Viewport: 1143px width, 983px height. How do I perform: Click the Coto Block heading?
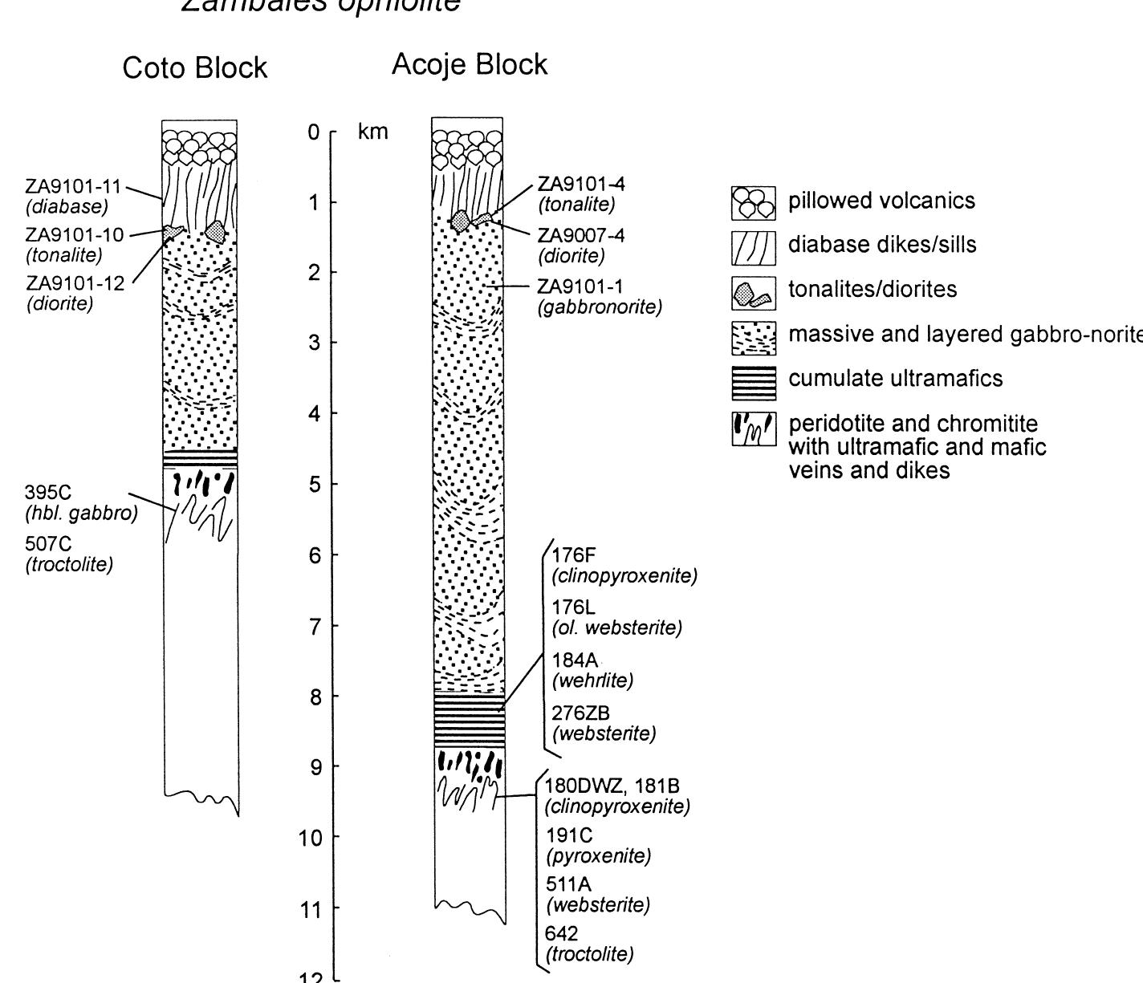194,68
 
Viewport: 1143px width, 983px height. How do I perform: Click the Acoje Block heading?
470,64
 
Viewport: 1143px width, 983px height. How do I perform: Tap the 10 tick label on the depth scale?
314,838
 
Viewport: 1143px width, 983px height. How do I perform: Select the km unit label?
373,132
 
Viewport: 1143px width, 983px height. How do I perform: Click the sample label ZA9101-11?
73,187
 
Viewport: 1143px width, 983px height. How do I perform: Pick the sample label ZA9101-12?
75,284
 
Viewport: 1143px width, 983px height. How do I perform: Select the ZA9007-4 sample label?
580,236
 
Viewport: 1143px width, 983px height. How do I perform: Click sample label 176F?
575,556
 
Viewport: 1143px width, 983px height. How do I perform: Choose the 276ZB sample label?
580,713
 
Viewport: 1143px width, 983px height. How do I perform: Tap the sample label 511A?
569,885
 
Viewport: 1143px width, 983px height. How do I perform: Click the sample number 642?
562,934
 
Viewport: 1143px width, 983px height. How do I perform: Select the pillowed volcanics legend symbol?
754,203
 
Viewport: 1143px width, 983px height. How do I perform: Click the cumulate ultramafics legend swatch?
754,383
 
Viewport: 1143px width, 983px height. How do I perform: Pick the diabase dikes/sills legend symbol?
754,247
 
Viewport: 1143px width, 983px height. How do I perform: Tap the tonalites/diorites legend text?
873,290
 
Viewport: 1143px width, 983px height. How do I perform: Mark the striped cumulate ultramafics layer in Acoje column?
470,721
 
